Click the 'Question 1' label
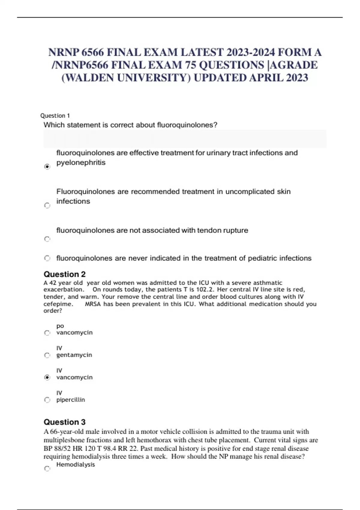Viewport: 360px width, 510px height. tap(55, 115)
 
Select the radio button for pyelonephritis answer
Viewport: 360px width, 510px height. tap(47, 166)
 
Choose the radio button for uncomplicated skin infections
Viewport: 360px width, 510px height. tap(47, 205)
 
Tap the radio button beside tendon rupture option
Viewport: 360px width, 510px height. tap(47, 239)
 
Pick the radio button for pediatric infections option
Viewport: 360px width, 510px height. tap(47, 258)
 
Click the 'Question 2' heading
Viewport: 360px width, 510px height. tap(64, 274)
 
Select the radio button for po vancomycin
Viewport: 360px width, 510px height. tap(47, 333)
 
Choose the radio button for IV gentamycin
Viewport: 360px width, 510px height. tap(47, 355)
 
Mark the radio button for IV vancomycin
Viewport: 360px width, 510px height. tap(47, 377)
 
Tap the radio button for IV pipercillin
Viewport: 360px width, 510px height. tap(47, 400)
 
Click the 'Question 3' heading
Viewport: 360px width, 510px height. tap(64, 422)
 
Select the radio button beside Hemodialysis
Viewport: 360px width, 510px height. tap(47, 468)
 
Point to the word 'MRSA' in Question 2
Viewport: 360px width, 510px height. tap(93, 304)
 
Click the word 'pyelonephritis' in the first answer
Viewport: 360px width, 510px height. tap(81, 163)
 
